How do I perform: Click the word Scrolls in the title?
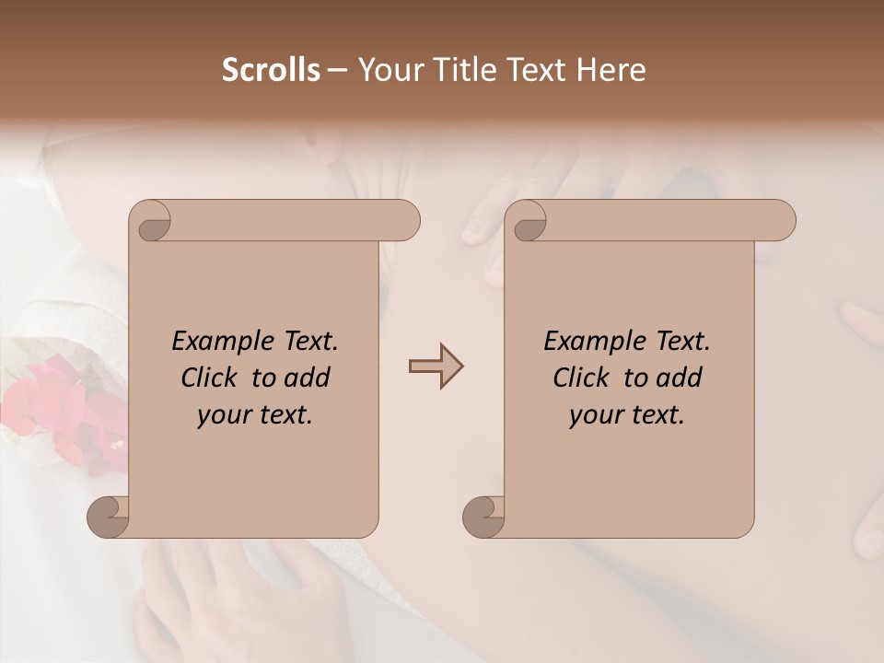pyautogui.click(x=271, y=70)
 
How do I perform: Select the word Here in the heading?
pyautogui.click(x=611, y=70)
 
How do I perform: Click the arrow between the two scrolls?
pyautogui.click(x=436, y=366)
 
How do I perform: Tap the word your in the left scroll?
pyautogui.click(x=222, y=415)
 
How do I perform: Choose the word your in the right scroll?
pyautogui.click(x=594, y=415)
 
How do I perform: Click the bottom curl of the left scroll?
pyautogui.click(x=107, y=516)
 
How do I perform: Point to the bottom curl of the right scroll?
pyautogui.click(x=483, y=516)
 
